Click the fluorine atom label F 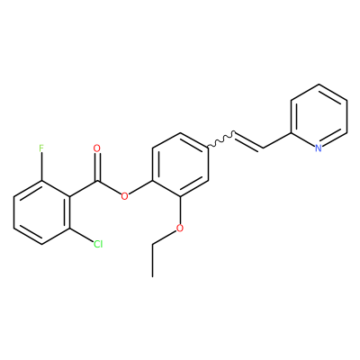[41, 148]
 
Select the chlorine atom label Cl [98, 244]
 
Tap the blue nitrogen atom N [319, 148]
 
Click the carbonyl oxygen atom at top [96, 148]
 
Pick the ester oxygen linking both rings [124, 197]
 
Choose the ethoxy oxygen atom [180, 229]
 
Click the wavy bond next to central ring [221, 139]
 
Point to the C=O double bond [96, 166]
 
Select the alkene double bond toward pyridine [249, 140]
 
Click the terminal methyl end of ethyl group [152, 276]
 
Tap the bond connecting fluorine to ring [41, 166]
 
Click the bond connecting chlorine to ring [81, 235]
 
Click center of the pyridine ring [319, 116]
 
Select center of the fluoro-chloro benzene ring [41, 212]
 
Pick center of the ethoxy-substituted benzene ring [180, 165]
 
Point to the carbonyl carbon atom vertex [96, 181]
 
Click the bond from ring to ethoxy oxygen [180, 211]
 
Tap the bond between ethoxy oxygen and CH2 [165, 238]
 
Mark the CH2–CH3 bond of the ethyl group [152, 260]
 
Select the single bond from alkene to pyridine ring [277, 140]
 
